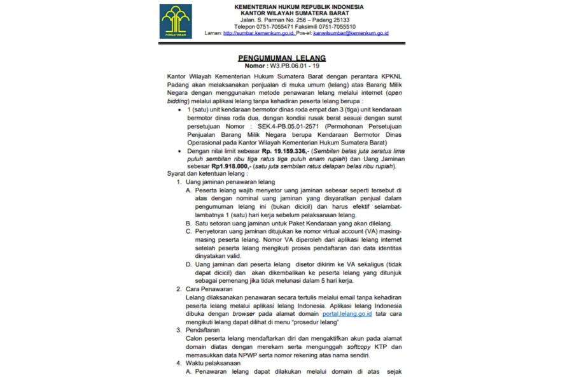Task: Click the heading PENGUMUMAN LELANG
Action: click(282, 57)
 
